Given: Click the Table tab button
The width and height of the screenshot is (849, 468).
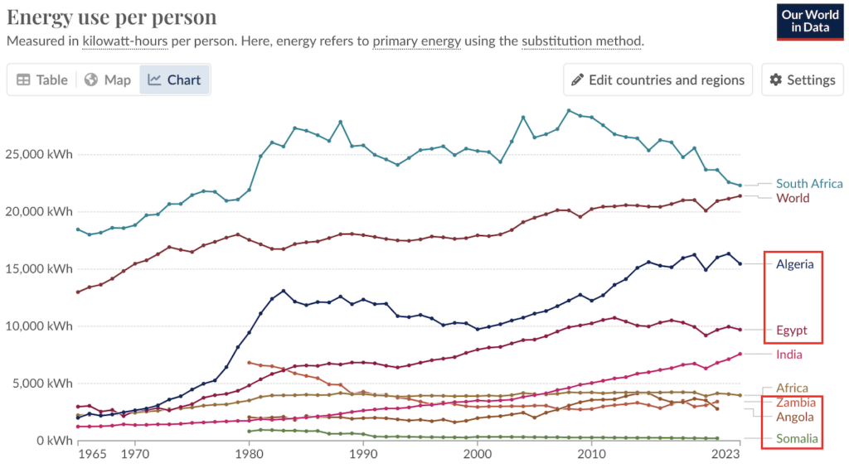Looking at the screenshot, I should [x=42, y=80].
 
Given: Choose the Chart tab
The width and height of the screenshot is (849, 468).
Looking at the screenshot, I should [x=174, y=80].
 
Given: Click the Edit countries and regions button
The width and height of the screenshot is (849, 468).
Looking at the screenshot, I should [x=657, y=80].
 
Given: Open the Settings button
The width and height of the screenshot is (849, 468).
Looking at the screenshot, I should [x=802, y=80].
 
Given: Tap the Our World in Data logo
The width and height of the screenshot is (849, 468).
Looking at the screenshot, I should [x=809, y=21].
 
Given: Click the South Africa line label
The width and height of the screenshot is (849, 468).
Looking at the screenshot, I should [x=809, y=184].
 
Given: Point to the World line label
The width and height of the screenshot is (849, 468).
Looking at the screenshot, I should [x=793, y=198].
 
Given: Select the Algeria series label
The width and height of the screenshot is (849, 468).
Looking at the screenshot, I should [x=795, y=264].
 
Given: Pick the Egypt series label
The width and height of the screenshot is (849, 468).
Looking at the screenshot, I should [x=791, y=330].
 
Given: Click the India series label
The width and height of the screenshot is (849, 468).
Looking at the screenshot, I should [x=789, y=355].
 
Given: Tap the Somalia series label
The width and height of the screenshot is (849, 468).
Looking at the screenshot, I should [x=797, y=438].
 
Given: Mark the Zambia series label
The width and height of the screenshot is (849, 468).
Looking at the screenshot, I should [x=795, y=403].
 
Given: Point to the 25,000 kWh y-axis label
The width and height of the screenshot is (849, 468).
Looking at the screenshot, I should [x=38, y=154].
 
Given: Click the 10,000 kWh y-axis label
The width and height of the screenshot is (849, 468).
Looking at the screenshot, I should [x=38, y=326].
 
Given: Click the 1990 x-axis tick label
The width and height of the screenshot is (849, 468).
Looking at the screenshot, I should [x=362, y=454].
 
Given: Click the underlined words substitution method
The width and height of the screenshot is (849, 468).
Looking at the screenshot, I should [x=581, y=41].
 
